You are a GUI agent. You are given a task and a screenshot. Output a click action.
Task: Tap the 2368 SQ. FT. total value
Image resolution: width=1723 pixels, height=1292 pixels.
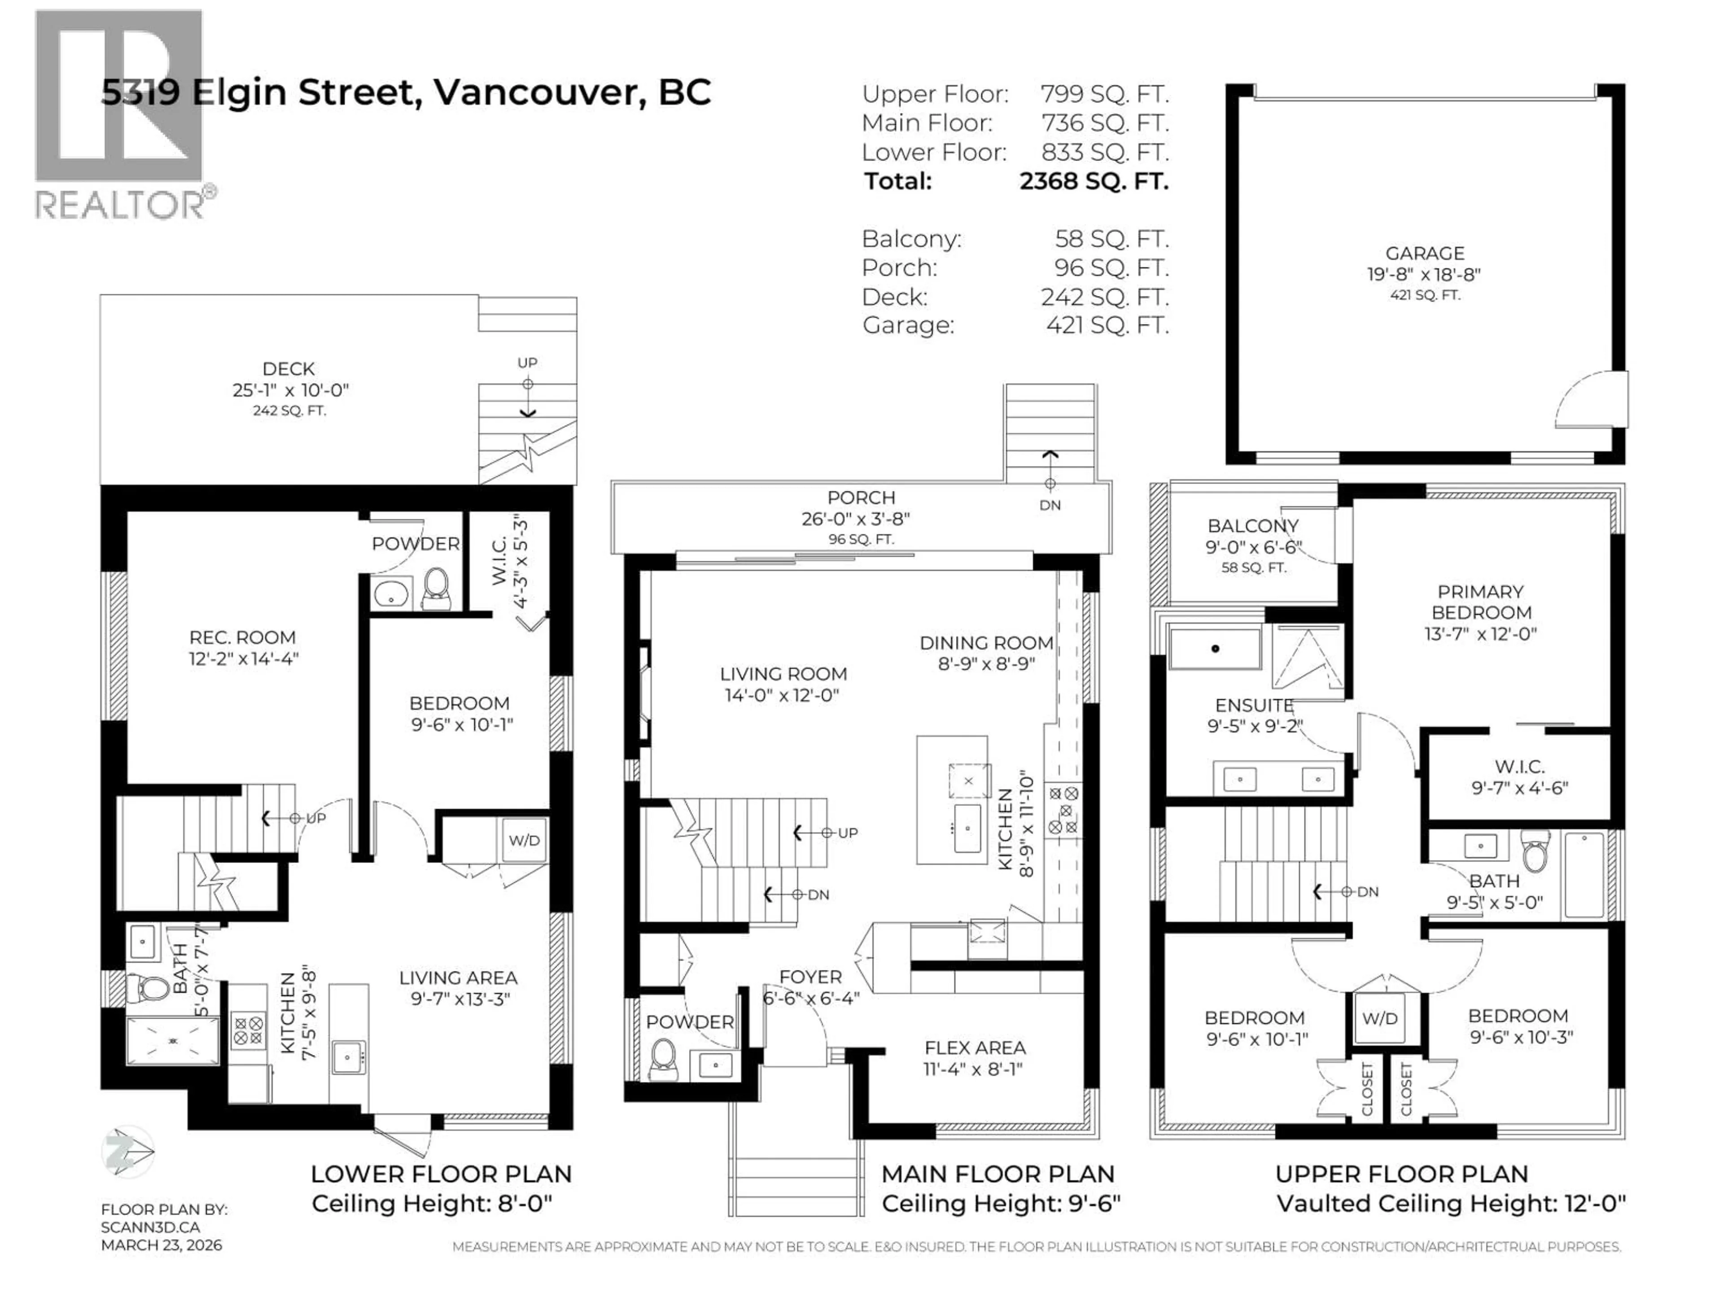tap(1093, 181)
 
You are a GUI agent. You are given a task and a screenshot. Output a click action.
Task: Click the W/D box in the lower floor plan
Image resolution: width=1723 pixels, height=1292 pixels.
tap(524, 840)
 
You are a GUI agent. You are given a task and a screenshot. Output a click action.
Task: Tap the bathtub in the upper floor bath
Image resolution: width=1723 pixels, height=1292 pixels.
tap(1584, 875)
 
